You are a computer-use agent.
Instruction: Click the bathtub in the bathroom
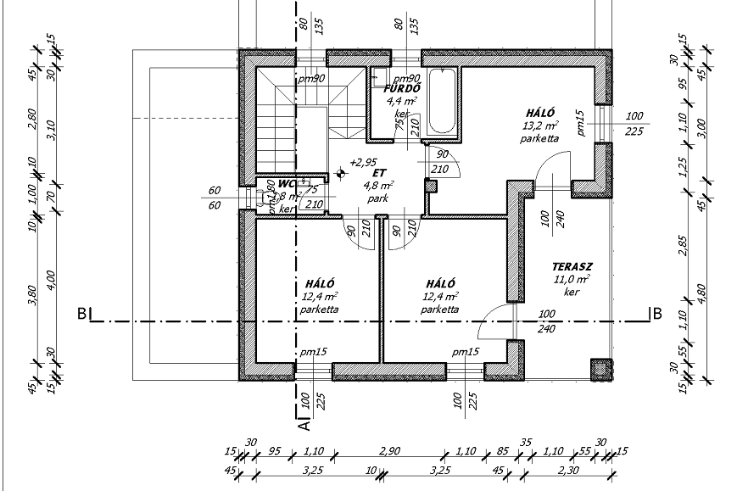coord(443,103)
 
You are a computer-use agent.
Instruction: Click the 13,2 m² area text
coord(539,125)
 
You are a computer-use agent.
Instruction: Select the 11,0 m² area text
coord(572,278)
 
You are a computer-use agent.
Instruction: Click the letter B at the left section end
coord(81,314)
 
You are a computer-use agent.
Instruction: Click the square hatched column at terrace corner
coord(601,369)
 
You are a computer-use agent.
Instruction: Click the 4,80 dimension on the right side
coord(701,293)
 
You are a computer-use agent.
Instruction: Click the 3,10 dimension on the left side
coord(52,130)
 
